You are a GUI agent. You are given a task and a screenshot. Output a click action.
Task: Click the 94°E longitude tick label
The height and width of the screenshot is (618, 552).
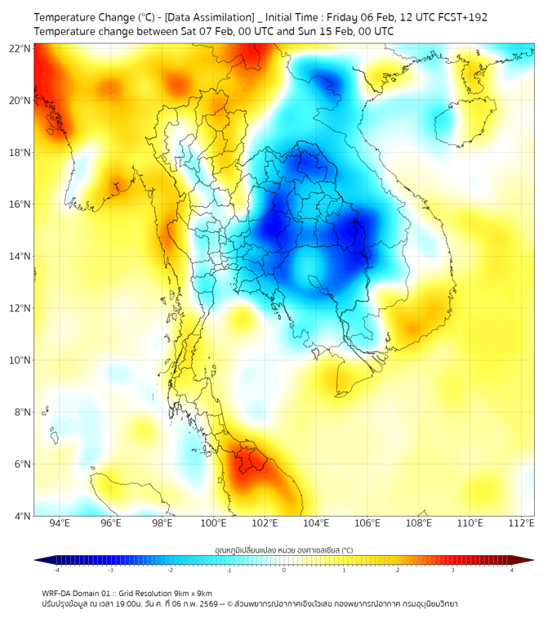60,523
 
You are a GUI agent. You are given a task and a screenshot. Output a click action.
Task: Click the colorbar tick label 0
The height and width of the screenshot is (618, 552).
284,570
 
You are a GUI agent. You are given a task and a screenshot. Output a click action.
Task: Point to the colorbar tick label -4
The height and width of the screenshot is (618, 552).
56,570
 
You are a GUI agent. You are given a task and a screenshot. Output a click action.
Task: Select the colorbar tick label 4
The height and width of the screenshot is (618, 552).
512,570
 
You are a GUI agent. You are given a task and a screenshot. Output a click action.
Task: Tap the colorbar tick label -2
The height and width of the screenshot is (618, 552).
169,570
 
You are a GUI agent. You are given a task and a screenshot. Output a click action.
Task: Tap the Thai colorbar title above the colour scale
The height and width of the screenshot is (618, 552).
283,549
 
